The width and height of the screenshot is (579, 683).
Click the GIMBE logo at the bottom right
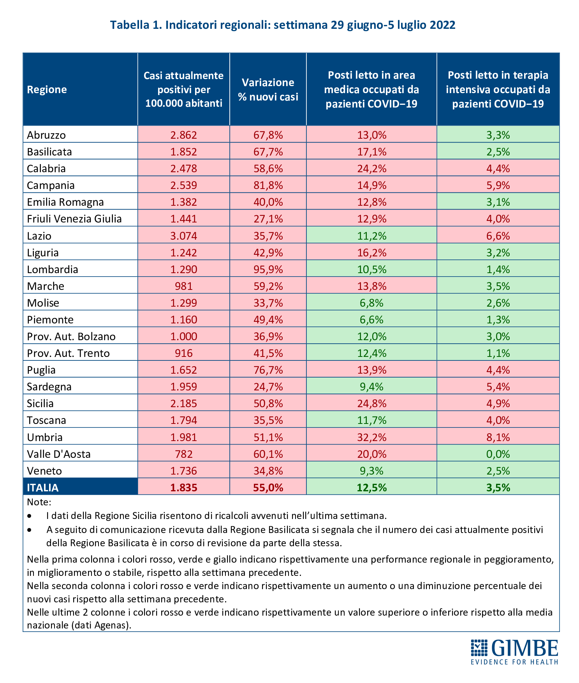point(514,651)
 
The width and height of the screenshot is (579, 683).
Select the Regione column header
point(47,90)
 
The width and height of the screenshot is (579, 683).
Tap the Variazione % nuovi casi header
point(268,90)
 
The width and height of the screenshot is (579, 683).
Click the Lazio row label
point(39,236)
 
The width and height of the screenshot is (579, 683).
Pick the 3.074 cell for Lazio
point(184,236)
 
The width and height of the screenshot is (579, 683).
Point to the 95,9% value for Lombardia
point(268,269)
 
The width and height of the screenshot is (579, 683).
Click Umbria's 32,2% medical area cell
point(371,437)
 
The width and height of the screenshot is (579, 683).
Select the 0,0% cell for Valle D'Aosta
point(498,454)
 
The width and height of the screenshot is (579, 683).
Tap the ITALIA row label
point(43,487)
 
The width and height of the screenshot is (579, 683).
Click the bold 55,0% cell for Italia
point(268,487)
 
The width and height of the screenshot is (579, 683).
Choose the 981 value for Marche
point(184,286)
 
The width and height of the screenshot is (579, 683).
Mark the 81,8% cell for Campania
point(268,185)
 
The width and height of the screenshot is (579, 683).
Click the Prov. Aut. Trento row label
point(69,353)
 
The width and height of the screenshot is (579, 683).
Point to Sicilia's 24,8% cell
point(371,403)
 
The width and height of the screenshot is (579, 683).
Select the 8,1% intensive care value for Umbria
point(498,437)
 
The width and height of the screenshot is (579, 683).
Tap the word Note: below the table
point(39,502)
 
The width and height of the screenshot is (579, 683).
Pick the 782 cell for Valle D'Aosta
point(184,454)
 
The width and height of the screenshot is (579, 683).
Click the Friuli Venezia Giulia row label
point(74,219)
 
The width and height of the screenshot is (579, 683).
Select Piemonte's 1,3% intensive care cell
point(498,319)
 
